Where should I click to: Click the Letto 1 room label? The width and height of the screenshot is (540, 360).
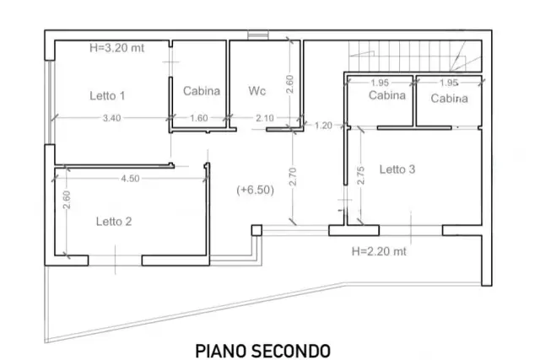(107, 95)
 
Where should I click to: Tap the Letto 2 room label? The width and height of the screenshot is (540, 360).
(114, 221)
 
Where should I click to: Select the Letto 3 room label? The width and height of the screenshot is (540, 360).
(397, 169)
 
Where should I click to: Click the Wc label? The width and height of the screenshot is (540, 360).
(256, 91)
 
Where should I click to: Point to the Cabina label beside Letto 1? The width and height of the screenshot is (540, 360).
(202, 91)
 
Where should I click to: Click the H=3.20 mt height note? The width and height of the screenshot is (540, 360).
(116, 48)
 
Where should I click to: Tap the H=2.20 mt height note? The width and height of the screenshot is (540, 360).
(379, 251)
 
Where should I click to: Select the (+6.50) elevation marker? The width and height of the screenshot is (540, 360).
(255, 190)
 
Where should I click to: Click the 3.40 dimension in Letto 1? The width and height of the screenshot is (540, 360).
(112, 118)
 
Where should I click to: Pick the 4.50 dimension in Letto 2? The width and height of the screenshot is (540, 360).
(130, 178)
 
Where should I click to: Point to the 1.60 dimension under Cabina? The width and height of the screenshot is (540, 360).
(199, 118)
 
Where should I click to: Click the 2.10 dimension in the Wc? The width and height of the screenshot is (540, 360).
(265, 118)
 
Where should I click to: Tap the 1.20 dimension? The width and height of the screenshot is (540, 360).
(323, 126)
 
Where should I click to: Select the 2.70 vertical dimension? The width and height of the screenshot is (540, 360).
(293, 176)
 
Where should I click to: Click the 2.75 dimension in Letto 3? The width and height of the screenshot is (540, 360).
(360, 175)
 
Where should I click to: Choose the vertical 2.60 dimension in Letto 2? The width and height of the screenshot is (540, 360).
(67, 200)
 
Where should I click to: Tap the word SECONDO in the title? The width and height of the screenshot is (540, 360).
(291, 352)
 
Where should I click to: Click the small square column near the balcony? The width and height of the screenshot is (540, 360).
(256, 230)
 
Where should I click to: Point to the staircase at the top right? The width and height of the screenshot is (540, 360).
(415, 56)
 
